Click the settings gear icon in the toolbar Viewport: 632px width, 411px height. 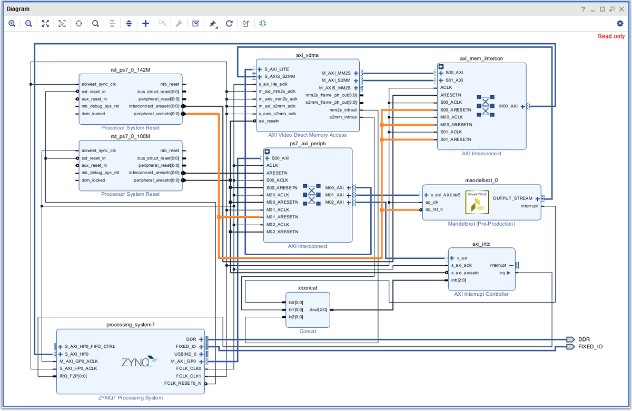[620, 23]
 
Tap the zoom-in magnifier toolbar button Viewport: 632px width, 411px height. [12, 23]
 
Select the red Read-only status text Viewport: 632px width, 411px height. [611, 36]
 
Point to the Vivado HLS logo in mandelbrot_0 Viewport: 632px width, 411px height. [477, 202]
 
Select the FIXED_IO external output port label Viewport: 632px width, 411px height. [590, 347]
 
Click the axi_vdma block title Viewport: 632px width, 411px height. [308, 55]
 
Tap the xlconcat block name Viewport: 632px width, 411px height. [307, 288]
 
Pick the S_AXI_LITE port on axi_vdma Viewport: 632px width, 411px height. [276, 69]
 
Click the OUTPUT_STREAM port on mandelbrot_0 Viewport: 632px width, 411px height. [512, 198]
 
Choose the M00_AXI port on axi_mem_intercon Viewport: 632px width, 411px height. [508, 106]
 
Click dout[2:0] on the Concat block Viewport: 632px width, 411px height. [318, 309]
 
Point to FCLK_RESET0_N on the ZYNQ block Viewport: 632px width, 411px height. [182, 384]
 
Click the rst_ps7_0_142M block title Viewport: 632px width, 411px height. [131, 69]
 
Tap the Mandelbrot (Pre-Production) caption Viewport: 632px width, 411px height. [481, 224]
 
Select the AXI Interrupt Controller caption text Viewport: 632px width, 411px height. [481, 294]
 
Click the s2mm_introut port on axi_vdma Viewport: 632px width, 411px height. [343, 117]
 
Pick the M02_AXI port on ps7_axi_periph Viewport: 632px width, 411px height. [334, 202]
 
